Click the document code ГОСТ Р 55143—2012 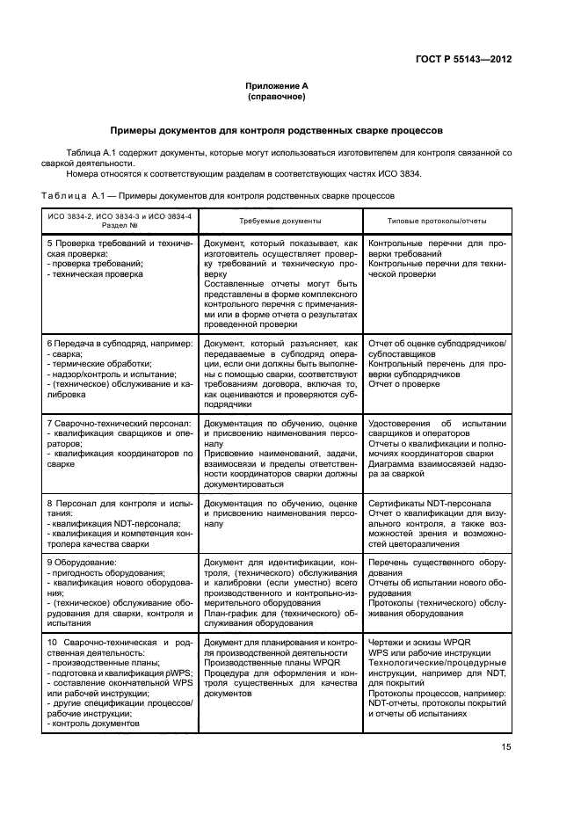471,60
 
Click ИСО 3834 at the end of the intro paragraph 401,173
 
